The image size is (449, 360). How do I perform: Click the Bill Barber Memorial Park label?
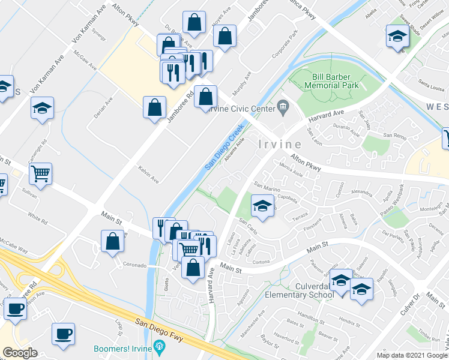[336, 81]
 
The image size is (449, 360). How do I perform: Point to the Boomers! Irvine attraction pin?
[158, 346]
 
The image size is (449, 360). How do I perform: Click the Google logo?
[20, 353]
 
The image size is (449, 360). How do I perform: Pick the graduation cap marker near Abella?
[397, 37]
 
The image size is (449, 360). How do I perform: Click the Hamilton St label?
[310, 317]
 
